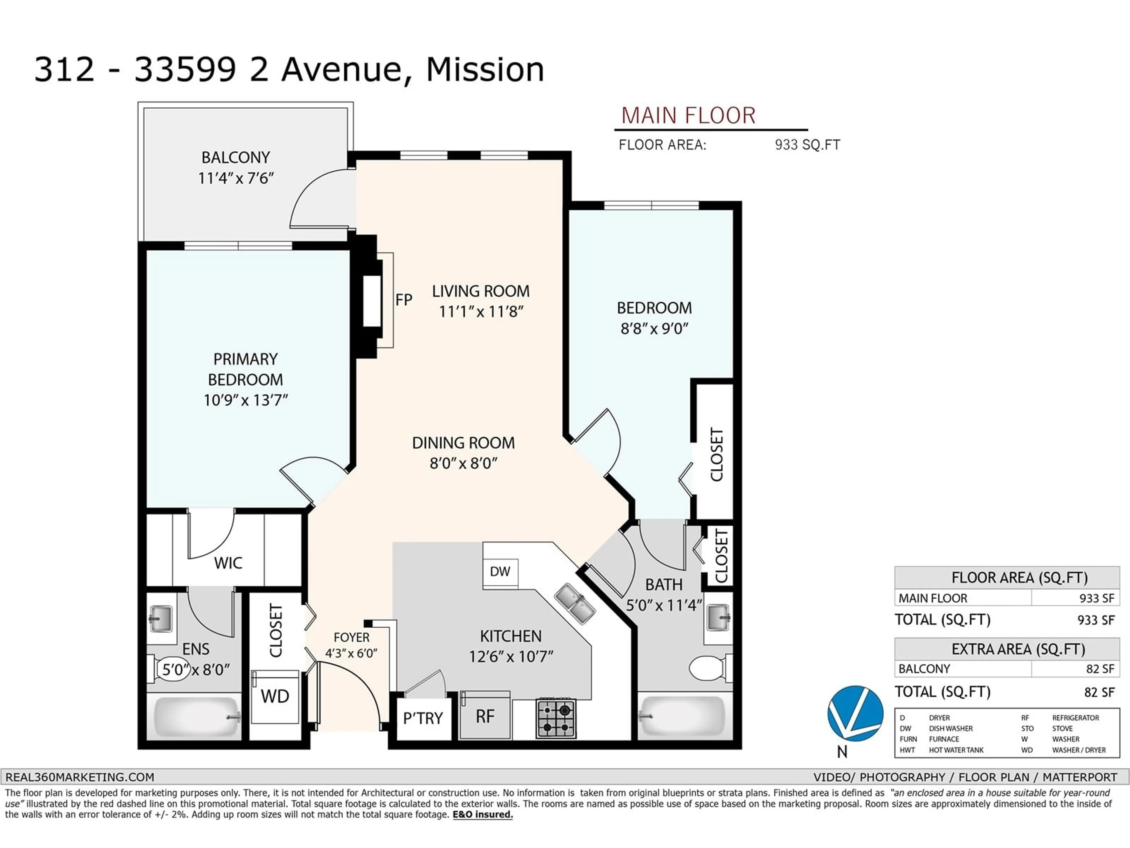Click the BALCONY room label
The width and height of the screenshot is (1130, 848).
[235, 158]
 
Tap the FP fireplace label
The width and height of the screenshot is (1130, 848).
[403, 300]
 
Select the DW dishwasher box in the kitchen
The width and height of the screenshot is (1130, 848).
[500, 572]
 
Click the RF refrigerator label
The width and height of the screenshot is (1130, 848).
[485, 717]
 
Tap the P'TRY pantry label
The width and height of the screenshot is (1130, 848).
[423, 718]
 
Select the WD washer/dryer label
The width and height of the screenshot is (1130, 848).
[275, 696]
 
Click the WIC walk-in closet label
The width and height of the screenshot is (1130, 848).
[228, 563]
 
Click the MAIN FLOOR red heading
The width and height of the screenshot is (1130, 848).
[688, 115]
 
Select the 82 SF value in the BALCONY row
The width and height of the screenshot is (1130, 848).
[1100, 669]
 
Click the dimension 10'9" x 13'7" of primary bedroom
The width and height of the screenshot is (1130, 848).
[246, 400]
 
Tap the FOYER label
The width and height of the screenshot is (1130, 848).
[351, 637]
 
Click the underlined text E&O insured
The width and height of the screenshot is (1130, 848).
[483, 814]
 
